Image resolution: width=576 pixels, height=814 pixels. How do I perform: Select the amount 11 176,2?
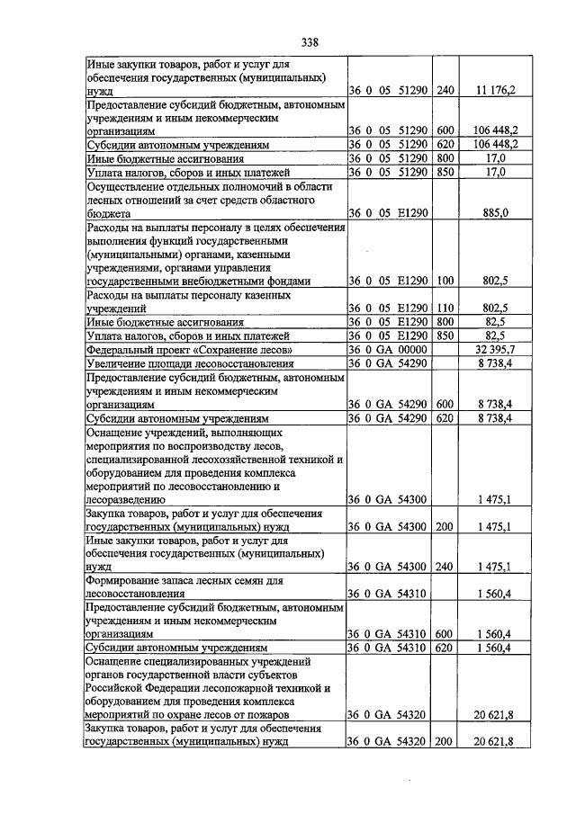coord(496,91)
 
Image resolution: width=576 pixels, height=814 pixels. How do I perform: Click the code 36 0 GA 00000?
coord(388,349)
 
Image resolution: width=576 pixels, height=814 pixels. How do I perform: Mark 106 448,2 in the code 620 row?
coord(496,144)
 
